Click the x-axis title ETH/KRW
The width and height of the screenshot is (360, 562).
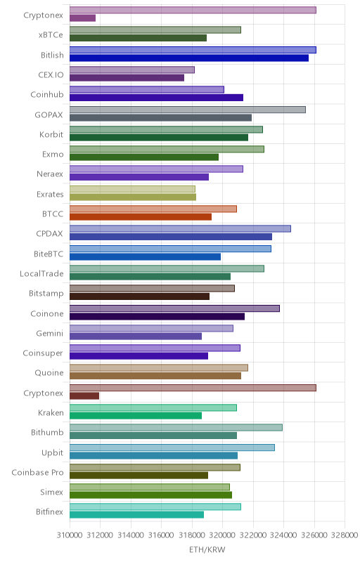click(x=207, y=549)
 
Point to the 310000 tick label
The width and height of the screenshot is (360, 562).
click(x=70, y=535)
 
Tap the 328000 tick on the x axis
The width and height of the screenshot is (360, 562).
click(x=345, y=535)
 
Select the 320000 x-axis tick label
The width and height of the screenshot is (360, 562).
click(x=222, y=535)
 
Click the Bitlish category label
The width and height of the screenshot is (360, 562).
click(x=52, y=55)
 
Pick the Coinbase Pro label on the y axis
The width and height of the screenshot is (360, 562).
click(x=37, y=472)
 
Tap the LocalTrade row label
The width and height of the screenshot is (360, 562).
click(x=41, y=273)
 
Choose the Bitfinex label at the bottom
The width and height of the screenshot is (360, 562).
click(x=49, y=512)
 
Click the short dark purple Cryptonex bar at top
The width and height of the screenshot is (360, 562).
click(x=82, y=18)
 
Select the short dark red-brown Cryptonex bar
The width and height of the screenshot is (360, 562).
click(x=84, y=396)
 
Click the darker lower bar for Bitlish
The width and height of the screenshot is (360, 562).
click(x=189, y=58)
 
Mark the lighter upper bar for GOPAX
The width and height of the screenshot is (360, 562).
click(x=188, y=110)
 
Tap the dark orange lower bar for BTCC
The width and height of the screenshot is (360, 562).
click(x=141, y=217)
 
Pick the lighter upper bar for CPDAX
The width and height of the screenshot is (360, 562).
click(x=180, y=229)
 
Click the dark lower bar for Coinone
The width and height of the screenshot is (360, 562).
click(x=157, y=317)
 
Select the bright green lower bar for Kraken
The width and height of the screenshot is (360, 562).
click(x=136, y=416)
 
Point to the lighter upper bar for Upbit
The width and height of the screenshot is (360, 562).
click(x=172, y=447)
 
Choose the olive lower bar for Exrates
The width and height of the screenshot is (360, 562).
click(x=133, y=197)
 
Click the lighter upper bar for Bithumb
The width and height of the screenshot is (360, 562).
click(x=176, y=428)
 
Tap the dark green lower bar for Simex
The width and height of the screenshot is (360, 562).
click(x=150, y=495)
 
